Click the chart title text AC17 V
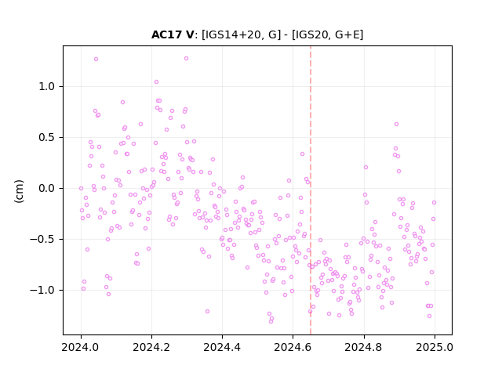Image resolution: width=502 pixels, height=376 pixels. pyautogui.click(x=173, y=34)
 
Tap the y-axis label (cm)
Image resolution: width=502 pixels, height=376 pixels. pyautogui.click(x=19, y=191)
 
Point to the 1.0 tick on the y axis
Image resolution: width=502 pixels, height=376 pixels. pyautogui.click(x=47, y=87)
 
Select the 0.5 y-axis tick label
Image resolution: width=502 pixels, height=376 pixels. pyautogui.click(x=47, y=138)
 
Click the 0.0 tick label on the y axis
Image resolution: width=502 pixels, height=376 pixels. pyautogui.click(x=47, y=188)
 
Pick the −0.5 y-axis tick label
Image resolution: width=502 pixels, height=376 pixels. pyautogui.click(x=42, y=239)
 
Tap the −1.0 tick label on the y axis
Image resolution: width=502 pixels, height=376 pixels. pyautogui.click(x=42, y=290)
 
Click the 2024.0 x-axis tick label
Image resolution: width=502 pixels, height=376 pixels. pyautogui.click(x=81, y=347)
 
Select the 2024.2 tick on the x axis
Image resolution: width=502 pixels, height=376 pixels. pyautogui.click(x=151, y=347)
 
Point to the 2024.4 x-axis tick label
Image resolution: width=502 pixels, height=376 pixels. pyautogui.click(x=222, y=347)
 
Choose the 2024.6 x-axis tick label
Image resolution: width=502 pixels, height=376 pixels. pyautogui.click(x=293, y=347)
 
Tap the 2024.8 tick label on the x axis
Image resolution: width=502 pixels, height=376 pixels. pyautogui.click(x=364, y=347)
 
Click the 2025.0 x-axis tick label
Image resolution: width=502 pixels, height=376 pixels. pyautogui.click(x=435, y=347)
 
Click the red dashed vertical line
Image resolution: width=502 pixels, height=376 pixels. pyautogui.click(x=311, y=190)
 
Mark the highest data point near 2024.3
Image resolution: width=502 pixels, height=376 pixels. pyautogui.click(x=187, y=59)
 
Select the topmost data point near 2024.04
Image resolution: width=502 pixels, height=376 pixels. pyautogui.click(x=96, y=60)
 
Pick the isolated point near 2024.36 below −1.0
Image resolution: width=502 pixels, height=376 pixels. pyautogui.click(x=207, y=312)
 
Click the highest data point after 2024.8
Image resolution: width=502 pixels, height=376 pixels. pyautogui.click(x=397, y=124)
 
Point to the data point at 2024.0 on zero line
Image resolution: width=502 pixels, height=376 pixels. pyautogui.click(x=81, y=188)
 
